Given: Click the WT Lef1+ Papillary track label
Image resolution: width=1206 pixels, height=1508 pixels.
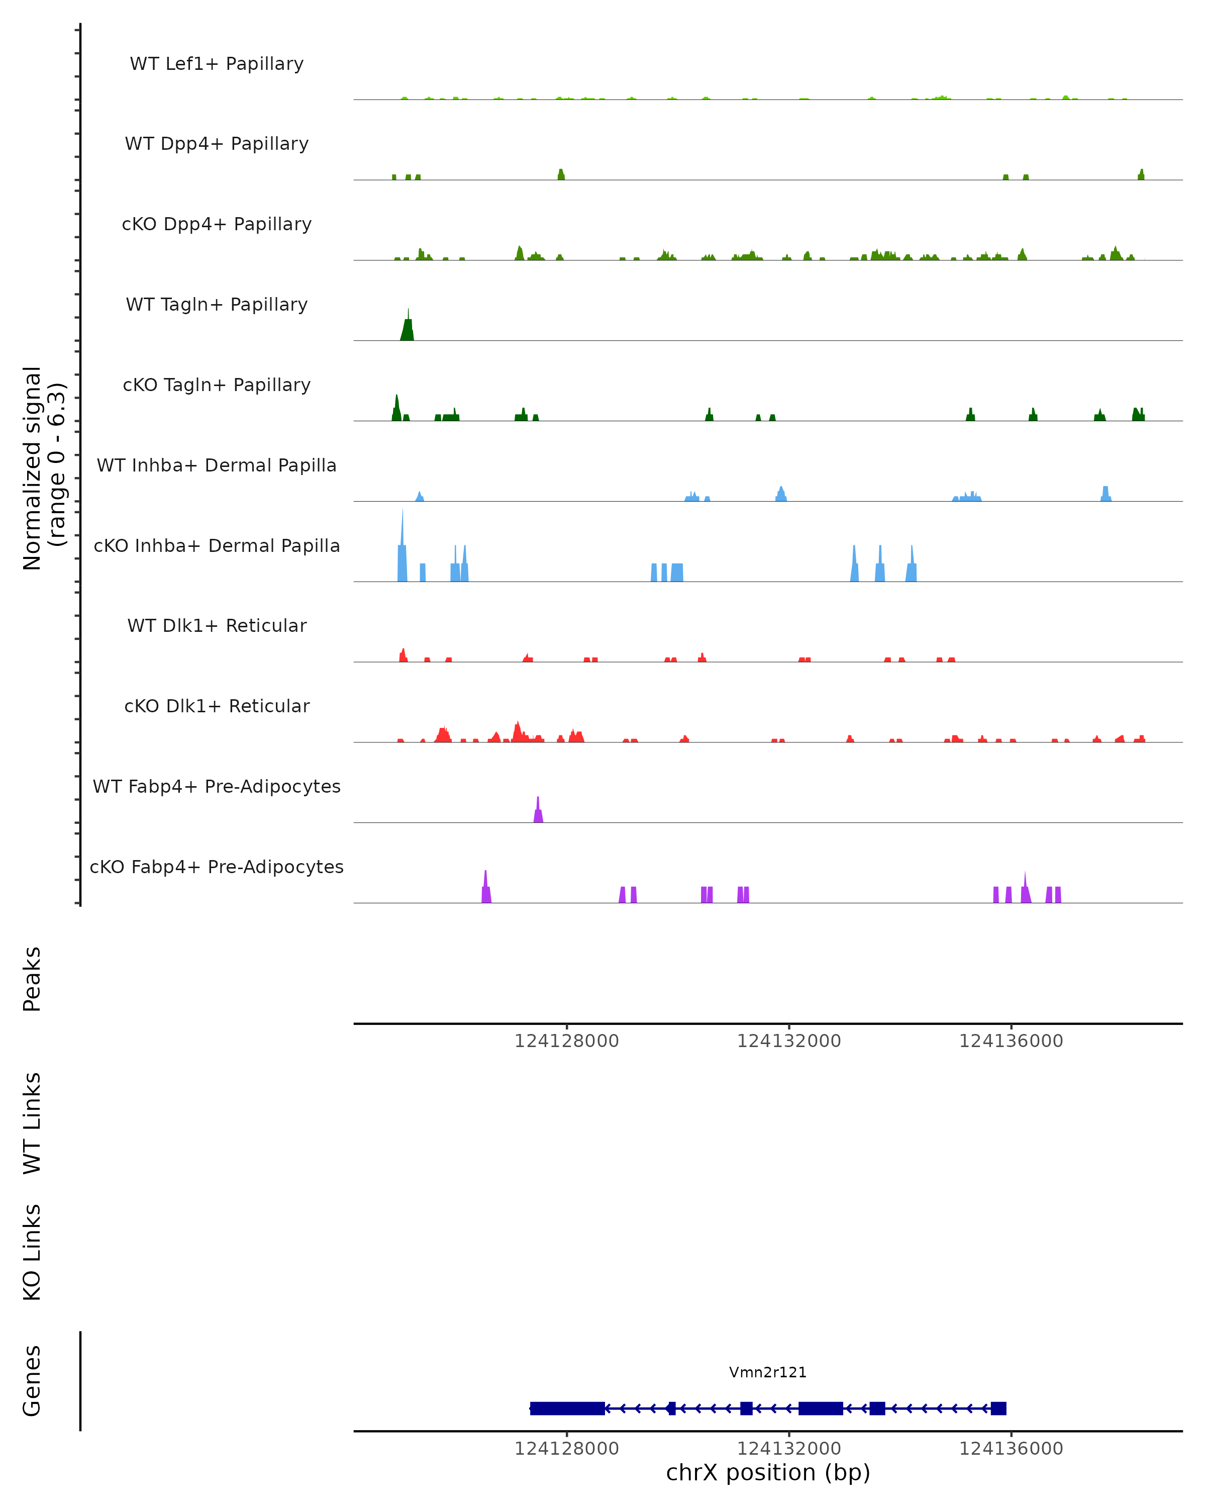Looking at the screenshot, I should click(x=217, y=64).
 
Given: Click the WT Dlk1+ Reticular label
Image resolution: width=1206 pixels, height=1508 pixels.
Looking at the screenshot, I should click(x=217, y=625).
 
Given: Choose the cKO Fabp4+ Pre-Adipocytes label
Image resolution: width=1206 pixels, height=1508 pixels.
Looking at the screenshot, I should click(x=217, y=867).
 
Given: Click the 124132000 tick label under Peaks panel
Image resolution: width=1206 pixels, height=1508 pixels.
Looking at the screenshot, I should click(x=788, y=1042).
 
